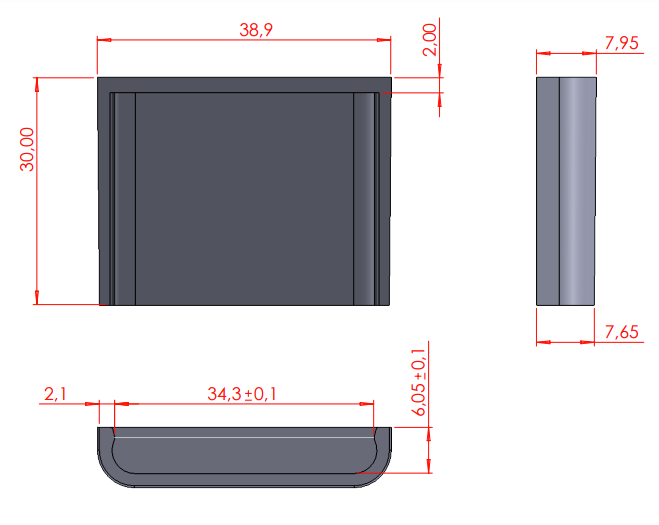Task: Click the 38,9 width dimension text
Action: click(x=256, y=30)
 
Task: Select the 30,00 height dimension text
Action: click(x=27, y=149)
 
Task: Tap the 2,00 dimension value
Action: click(x=430, y=40)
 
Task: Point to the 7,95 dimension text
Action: click(x=622, y=43)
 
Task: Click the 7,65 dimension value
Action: click(x=622, y=332)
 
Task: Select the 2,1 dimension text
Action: click(x=55, y=394)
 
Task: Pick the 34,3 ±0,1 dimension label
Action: click(x=242, y=394)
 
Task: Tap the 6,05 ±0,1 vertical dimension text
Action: click(x=419, y=383)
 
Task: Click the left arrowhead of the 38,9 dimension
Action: click(x=104, y=40)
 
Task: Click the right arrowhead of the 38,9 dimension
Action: click(x=384, y=40)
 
